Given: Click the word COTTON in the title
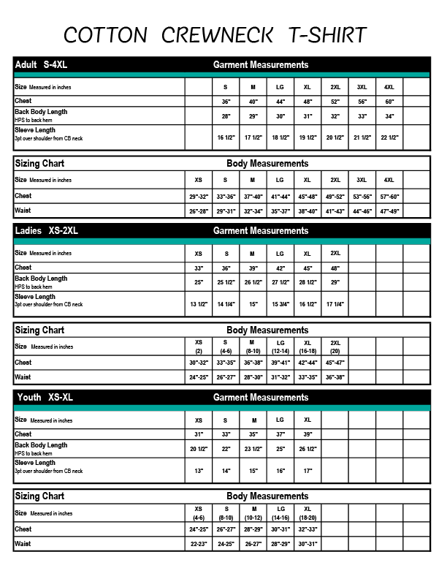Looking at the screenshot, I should pos(104,34).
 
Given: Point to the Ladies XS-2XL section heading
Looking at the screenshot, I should pos(46,231).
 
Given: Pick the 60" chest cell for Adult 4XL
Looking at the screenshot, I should pos(389,102).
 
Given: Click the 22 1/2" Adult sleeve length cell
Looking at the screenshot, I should pos(389,137).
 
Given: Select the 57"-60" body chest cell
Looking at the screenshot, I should pos(389,197).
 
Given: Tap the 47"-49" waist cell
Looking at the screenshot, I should pos(389,211).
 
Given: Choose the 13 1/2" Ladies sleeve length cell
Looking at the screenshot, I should pos(198,304).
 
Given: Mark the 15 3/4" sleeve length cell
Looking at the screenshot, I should pos(280,304).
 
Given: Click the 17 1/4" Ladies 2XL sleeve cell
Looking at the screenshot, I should pos(335,304).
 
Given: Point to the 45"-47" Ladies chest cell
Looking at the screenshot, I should pos(335,363).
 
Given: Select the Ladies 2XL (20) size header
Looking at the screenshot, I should pos(335,347).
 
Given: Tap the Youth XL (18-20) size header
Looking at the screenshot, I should pos(307,512).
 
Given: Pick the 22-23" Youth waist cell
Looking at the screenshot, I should pos(198,544).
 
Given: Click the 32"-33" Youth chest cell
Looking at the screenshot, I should pos(307,529).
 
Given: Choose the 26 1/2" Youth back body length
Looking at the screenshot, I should pos(307,449).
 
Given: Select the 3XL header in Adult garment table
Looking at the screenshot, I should pos(362,88).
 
